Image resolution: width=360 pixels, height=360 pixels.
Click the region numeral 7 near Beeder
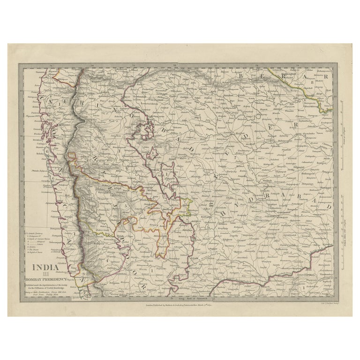pos(234,157)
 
